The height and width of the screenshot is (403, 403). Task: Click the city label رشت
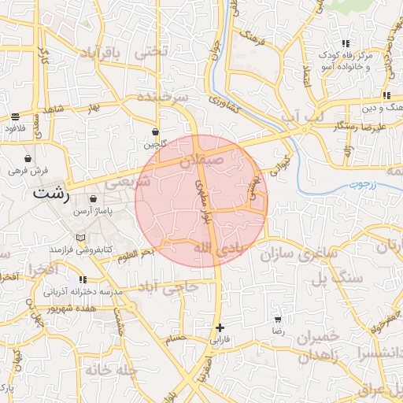[x=51, y=193]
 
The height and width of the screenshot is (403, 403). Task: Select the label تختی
[x=152, y=52]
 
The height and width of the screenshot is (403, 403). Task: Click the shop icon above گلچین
[x=156, y=131]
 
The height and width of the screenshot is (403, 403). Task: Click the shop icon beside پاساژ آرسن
[x=94, y=201]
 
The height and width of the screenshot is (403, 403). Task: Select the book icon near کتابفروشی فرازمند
[x=80, y=237]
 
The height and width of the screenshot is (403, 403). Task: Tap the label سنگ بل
[x=338, y=278]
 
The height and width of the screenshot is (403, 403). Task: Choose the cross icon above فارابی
[x=220, y=327]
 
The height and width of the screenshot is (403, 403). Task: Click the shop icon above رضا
[x=278, y=320]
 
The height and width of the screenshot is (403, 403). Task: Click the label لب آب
[x=302, y=117]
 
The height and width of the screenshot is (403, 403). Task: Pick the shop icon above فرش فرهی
[x=28, y=158]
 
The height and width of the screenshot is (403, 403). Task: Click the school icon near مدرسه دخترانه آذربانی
[x=82, y=279]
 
